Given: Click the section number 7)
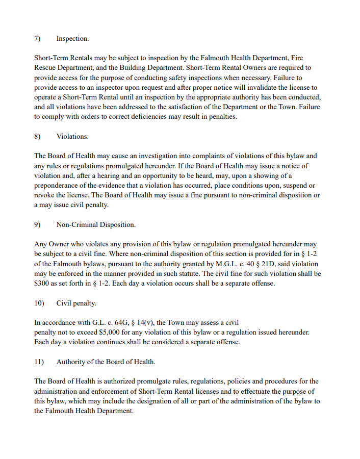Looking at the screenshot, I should coord(37,39).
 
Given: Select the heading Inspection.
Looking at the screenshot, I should coord(72,39).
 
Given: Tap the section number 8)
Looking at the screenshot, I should coord(37,136).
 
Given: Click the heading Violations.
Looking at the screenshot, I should coord(72,136).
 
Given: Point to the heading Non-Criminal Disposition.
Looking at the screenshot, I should coord(96,225).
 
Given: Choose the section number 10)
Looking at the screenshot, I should coord(39,303).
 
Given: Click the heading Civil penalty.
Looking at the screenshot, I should coord(76,303).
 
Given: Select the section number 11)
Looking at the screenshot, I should coord(39,362).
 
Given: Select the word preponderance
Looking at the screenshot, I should coord(58,185).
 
